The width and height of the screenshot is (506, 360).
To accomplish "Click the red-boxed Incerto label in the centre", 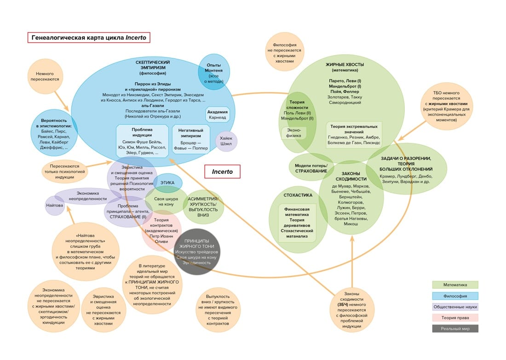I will pos(222,171).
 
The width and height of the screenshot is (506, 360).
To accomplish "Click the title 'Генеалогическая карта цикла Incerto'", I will pos(89,38).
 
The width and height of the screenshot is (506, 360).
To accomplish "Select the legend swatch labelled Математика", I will pos(455,285).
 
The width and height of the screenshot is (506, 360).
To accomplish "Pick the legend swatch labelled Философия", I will pos(455,296).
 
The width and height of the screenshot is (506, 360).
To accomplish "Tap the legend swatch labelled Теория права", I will pos(455,317).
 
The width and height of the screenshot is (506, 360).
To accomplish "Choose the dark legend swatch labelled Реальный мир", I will pos(455,328).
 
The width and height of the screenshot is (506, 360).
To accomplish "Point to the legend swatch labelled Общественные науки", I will pos(455,307).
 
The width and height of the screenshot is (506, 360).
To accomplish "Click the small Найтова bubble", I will pos(54,205).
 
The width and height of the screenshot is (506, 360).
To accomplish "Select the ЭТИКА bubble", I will pos(167,183).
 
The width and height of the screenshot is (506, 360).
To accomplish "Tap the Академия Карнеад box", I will pos(217,114).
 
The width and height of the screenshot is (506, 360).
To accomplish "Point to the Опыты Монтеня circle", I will pos(214,73).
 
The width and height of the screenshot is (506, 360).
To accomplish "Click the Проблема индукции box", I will pos(142,141).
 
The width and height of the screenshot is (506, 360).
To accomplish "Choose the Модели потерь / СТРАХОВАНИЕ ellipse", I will pos(311,168).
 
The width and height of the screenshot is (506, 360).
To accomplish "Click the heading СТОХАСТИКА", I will pos(298,195).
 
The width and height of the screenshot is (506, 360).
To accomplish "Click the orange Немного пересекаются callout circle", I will pos(45,76).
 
